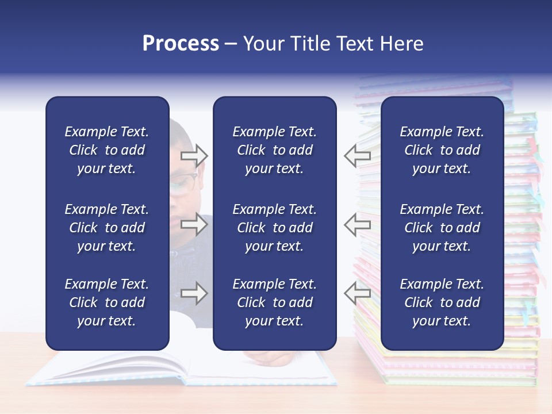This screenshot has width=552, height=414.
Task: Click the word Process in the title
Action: (181, 44)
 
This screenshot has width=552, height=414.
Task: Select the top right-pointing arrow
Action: (194, 155)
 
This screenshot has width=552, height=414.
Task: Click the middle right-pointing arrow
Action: (194, 224)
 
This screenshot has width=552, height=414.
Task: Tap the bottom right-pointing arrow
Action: (194, 293)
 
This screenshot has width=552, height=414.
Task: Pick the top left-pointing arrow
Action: (357, 155)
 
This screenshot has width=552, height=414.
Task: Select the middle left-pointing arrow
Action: (357, 224)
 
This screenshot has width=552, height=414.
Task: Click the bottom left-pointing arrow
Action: (357, 293)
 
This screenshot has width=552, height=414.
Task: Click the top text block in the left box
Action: (107, 150)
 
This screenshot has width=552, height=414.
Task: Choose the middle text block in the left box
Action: (107, 228)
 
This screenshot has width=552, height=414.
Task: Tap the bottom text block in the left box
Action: (107, 302)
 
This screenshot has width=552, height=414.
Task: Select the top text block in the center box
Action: (274, 150)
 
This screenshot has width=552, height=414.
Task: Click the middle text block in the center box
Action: (274, 228)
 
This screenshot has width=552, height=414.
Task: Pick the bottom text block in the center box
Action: (274, 302)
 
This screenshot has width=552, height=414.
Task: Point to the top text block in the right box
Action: (442, 150)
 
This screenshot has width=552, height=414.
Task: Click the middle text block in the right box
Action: (442, 228)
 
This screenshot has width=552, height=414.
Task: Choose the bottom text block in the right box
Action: (442, 302)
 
